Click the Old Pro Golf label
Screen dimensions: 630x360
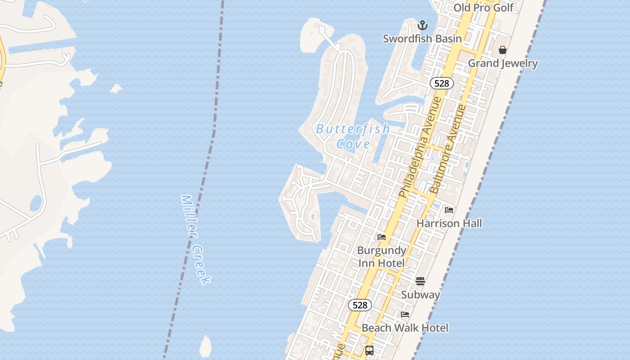483,8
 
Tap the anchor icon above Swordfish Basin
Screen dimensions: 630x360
422,25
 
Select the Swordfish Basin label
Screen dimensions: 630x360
422,39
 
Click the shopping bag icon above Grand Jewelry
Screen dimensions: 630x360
503,50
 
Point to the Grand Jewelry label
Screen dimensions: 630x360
503,63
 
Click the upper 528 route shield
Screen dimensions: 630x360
441,83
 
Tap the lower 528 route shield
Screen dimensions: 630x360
360,305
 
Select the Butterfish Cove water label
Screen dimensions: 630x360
353,136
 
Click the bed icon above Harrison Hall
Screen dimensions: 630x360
449,210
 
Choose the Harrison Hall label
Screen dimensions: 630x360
449,223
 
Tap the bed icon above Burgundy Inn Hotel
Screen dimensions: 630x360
382,237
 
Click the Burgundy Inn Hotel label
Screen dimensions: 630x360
382,256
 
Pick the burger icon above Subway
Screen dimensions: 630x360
420,281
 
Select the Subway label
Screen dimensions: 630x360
420,295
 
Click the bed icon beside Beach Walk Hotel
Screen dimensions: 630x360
405,315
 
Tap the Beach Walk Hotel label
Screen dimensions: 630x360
405,328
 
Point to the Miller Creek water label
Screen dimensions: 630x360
195,239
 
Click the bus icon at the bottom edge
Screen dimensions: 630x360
369,351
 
